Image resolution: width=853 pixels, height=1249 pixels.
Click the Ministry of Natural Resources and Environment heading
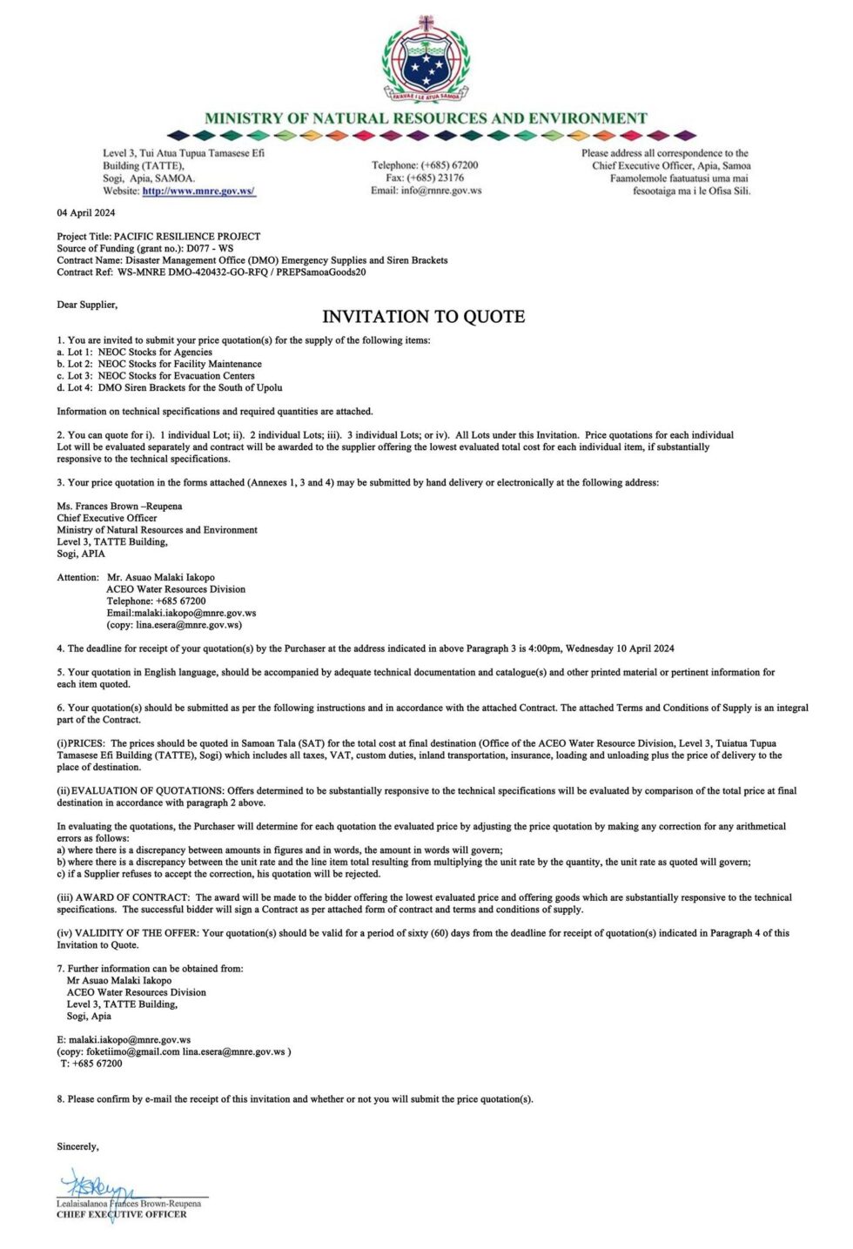[x=426, y=118]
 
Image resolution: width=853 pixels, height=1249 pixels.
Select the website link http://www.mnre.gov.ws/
[x=198, y=191]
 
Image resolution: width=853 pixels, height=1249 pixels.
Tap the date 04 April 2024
[x=86, y=212]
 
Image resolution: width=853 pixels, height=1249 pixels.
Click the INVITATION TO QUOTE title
[x=424, y=317]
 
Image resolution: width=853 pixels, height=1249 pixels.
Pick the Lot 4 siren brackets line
[x=170, y=387]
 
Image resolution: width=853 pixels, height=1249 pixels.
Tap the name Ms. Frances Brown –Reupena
[x=119, y=506]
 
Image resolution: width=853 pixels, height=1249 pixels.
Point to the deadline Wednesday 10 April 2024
[x=620, y=648]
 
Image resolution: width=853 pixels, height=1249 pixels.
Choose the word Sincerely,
[x=77, y=1146]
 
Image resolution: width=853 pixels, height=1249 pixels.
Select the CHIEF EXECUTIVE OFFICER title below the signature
[x=121, y=1214]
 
